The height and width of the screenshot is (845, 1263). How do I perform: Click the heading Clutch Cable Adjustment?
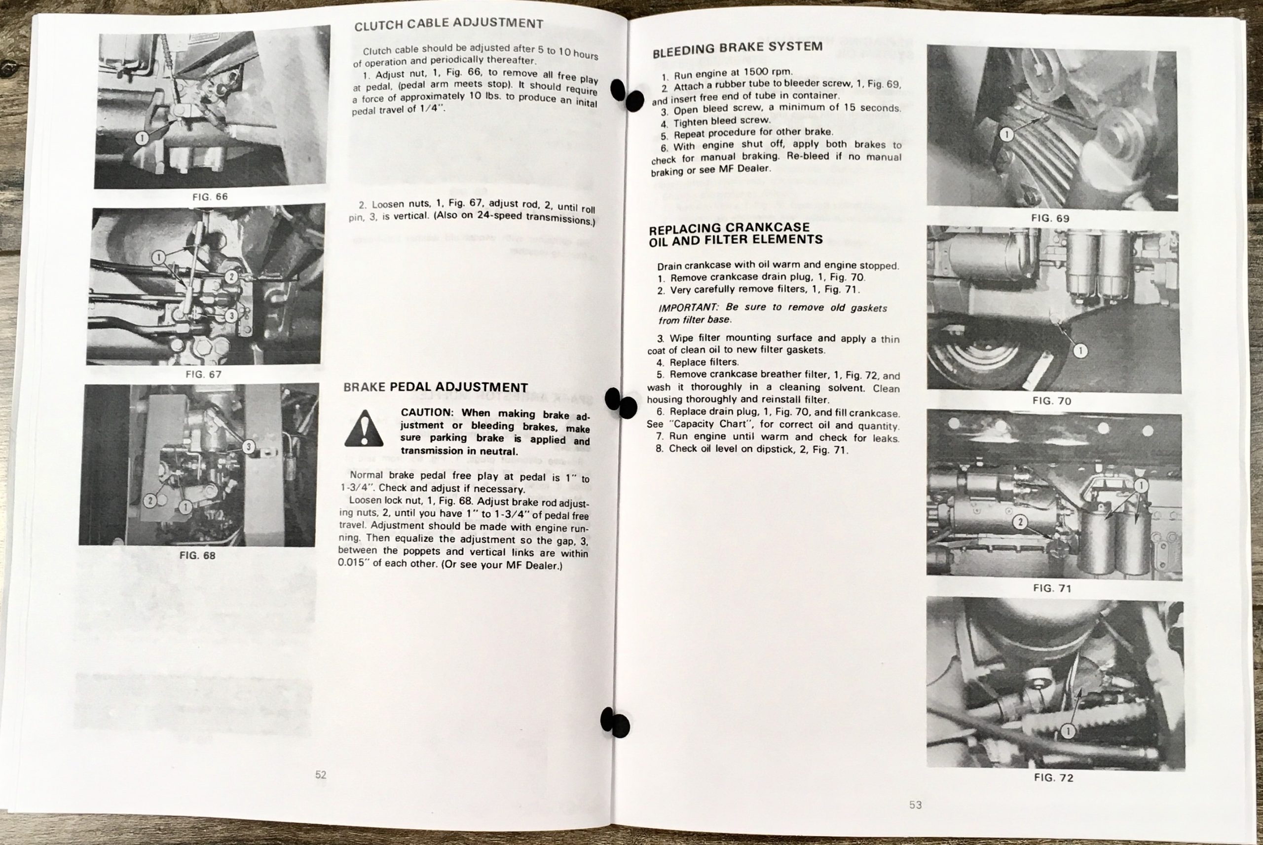448,24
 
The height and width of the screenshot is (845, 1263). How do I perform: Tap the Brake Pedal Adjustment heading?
435,387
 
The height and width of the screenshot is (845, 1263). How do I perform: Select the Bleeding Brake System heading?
738,48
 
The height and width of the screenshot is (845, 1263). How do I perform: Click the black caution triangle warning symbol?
364,429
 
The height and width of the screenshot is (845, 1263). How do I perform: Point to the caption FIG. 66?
210,197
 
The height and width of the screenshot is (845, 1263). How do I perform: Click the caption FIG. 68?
197,555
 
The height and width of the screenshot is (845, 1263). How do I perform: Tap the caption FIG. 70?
1051,400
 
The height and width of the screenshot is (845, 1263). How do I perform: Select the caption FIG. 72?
1053,778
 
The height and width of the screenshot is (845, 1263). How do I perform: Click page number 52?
321,775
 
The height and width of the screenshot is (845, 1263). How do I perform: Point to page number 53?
916,805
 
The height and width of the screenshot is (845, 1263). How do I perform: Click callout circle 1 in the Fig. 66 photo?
141,139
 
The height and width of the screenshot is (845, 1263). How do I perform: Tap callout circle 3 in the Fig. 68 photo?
248,447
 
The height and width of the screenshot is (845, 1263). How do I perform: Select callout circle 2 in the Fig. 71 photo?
1020,522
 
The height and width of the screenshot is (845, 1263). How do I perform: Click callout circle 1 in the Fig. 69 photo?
1006,134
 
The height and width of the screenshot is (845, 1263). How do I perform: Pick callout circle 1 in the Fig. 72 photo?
1068,731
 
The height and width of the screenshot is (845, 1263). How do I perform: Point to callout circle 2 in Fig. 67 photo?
230,277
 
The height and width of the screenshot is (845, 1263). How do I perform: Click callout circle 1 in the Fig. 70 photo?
1080,351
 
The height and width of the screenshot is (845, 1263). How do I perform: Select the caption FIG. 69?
1050,218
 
